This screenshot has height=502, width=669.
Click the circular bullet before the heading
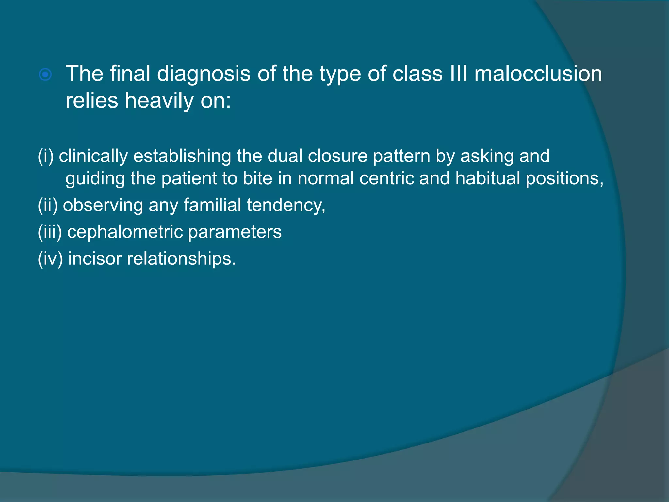tap(45, 75)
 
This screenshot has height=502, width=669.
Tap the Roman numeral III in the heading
tap(459, 74)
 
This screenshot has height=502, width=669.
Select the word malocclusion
tap(538, 74)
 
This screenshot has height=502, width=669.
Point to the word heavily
tap(159, 101)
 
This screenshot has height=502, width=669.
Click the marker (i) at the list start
tap(46, 156)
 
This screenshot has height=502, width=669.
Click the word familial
tap(212, 205)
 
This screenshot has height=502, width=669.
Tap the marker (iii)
tap(50, 232)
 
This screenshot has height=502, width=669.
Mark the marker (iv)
tap(50, 259)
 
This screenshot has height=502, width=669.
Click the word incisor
tap(95, 259)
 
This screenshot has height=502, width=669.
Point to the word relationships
tap(181, 259)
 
